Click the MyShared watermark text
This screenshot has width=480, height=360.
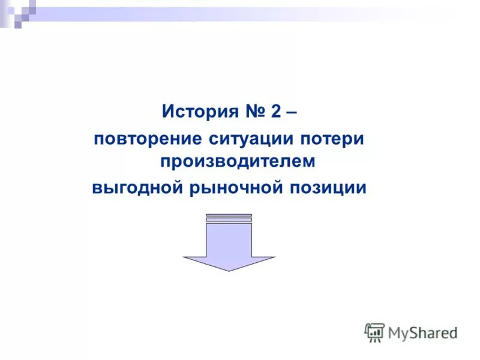pos(422,332)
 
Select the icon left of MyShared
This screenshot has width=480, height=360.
pos(374,332)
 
